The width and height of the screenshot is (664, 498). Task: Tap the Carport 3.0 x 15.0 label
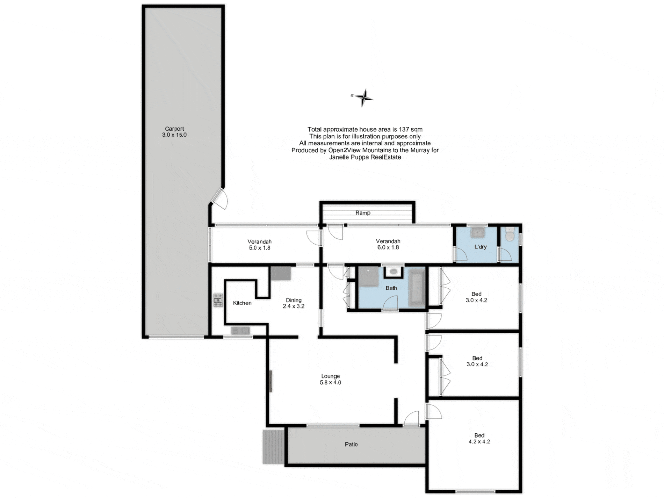coord(174,132)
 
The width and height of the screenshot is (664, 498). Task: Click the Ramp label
coord(362,213)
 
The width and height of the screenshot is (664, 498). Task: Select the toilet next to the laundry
coord(510,235)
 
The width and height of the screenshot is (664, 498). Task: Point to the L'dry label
coord(480,247)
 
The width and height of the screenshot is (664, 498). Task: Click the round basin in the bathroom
coord(394,271)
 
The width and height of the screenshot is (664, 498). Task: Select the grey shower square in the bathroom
coord(369,276)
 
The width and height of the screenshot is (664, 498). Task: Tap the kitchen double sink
coord(240,330)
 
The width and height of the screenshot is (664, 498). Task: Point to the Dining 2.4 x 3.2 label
coord(293,303)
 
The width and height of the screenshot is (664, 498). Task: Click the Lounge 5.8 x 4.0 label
coord(330,379)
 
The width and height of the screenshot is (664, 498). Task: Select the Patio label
coord(351,444)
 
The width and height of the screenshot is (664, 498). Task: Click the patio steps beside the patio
coord(273,447)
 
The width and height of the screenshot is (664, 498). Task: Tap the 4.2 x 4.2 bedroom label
coord(479,438)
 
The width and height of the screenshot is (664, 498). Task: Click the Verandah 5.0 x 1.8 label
coord(259,245)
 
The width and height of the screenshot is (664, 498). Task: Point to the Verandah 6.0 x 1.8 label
coord(388,244)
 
